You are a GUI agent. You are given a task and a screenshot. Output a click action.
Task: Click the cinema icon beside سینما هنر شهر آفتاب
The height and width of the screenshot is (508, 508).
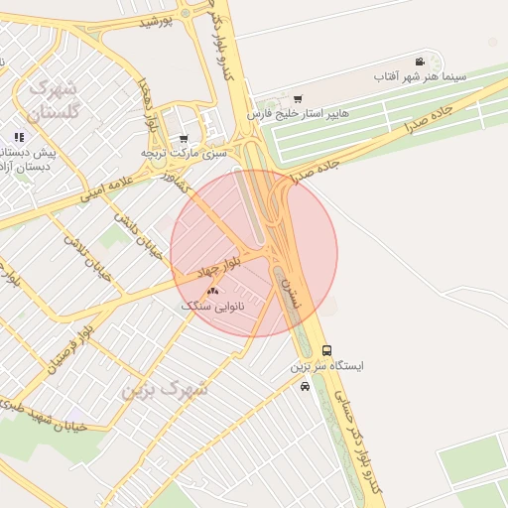[x=421, y=62]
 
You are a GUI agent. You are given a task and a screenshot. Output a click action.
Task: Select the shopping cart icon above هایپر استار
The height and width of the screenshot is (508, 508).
[x=298, y=99]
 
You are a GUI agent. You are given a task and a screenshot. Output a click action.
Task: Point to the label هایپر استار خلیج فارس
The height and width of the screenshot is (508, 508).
[x=298, y=114]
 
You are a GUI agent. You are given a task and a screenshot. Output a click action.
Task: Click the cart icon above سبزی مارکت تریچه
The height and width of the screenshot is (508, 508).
[x=184, y=139]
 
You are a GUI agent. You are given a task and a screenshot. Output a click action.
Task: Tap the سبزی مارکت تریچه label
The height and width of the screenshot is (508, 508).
[x=184, y=154]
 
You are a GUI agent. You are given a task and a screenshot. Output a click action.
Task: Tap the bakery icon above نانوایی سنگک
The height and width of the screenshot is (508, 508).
[x=212, y=291]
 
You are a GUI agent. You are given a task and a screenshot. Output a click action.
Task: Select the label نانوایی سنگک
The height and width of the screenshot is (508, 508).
[x=212, y=307]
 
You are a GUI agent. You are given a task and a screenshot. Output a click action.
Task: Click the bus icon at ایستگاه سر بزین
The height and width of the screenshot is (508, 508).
[x=327, y=350]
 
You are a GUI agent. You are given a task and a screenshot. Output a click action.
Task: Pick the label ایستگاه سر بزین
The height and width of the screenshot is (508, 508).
[x=326, y=366]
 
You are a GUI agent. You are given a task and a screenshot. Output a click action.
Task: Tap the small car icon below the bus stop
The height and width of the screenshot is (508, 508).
[x=305, y=386]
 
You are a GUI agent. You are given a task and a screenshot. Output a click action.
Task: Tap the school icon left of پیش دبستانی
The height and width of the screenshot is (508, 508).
[x=19, y=137]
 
